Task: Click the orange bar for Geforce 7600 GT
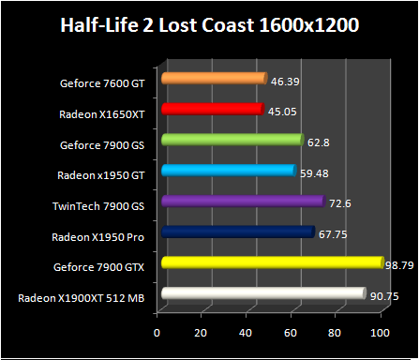point(214,79)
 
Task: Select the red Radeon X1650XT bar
point(212,110)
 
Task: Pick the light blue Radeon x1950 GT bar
point(228,171)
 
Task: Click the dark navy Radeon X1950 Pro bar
point(237,232)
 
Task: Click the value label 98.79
point(398,265)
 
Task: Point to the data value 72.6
point(339,203)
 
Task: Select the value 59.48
point(313,172)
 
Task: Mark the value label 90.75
point(383,296)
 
